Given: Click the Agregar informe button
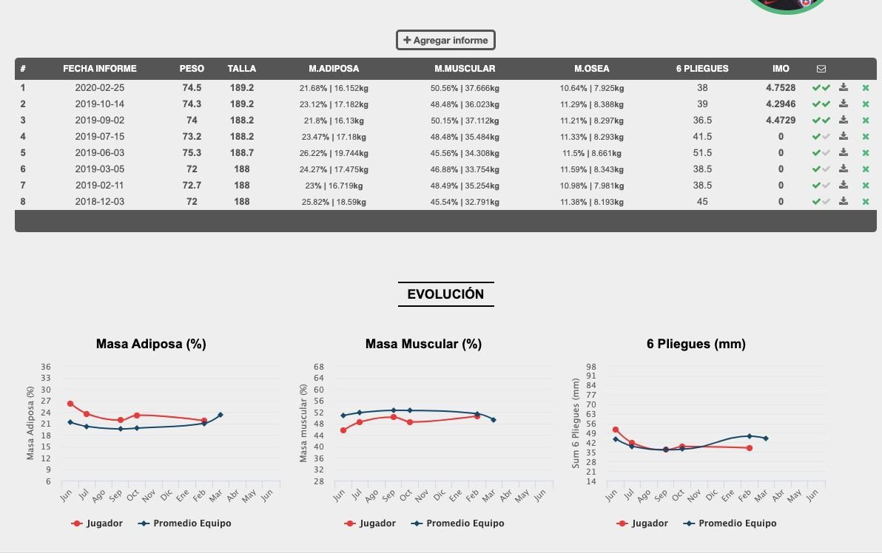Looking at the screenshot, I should point(445,40).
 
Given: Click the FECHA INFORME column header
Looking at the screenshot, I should point(100,69).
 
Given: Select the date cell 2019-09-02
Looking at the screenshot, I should point(100,121).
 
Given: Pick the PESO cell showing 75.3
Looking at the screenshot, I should point(192,153).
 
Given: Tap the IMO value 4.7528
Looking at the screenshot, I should point(781,88).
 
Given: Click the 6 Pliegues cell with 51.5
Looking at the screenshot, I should point(702,153).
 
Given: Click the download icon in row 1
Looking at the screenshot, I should point(844,87).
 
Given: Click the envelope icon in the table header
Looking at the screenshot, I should point(821,69).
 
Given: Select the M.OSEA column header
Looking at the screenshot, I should point(592,69).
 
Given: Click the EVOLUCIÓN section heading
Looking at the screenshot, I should point(445,294).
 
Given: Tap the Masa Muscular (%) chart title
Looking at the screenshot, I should point(423,344).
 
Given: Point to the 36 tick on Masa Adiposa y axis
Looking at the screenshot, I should point(46,367).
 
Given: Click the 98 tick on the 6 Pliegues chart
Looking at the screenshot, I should point(590,367).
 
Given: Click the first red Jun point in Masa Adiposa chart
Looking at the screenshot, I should point(70,404).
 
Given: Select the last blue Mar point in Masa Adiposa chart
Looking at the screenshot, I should point(220,415).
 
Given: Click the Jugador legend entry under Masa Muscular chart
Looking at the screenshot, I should point(370,523).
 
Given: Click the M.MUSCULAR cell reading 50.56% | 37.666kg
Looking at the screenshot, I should point(465,88).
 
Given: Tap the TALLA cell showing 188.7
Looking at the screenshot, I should point(242,153).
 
